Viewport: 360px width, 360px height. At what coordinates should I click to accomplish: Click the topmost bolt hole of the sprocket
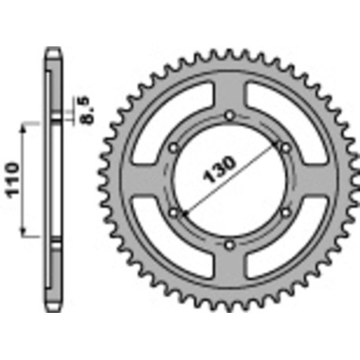coord(229,117)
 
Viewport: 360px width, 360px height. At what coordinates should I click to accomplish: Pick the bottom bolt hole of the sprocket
coord(229,244)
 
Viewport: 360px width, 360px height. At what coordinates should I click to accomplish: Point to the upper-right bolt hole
coord(284,149)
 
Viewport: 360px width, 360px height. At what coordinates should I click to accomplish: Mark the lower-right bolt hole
coord(284,212)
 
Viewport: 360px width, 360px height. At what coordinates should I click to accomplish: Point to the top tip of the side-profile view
coord(53,49)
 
